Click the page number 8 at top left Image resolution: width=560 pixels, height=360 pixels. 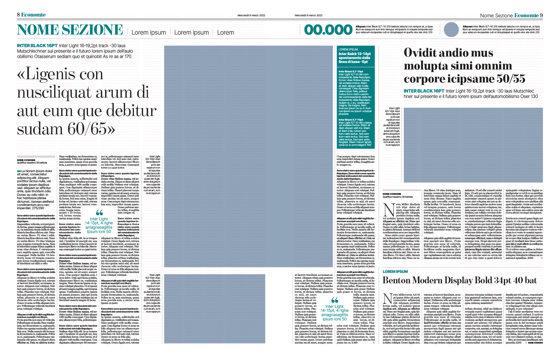18,15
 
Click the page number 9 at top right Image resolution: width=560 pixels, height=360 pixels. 541,15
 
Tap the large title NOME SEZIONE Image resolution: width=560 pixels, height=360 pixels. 70,30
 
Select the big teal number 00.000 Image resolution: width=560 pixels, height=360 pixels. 328,30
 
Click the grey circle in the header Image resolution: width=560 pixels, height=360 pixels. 451,30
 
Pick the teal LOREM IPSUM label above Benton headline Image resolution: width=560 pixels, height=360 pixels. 395,271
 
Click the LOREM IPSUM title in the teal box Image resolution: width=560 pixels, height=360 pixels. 348,49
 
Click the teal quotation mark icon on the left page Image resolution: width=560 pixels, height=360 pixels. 99,213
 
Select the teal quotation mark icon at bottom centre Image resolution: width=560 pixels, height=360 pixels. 335,300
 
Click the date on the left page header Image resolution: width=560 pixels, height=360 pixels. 251,15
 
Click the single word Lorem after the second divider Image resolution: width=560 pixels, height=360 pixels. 225,32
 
